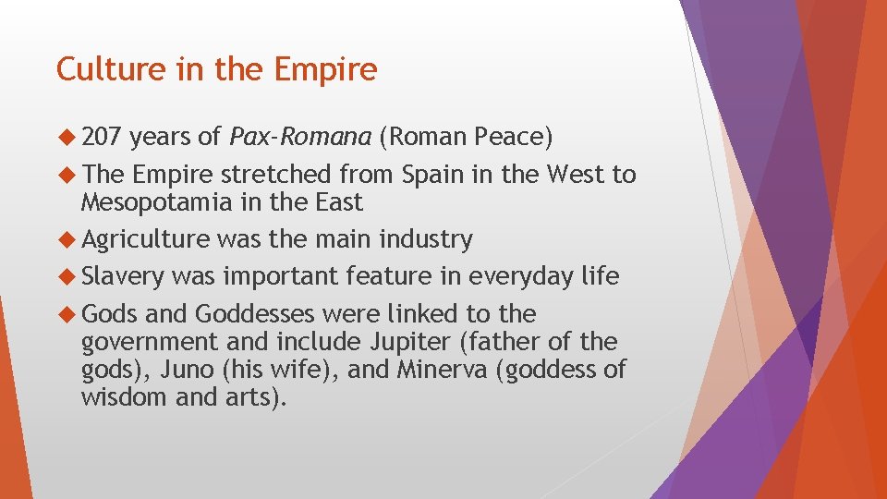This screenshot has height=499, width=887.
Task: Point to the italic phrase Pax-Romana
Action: point(300,138)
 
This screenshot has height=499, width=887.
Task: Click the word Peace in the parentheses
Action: point(509,138)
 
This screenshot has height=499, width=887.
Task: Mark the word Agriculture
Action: point(146,240)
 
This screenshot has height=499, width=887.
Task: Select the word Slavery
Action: point(123,276)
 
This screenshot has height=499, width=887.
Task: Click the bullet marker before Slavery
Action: point(67,276)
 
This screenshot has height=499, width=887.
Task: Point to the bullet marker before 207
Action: point(67,138)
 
